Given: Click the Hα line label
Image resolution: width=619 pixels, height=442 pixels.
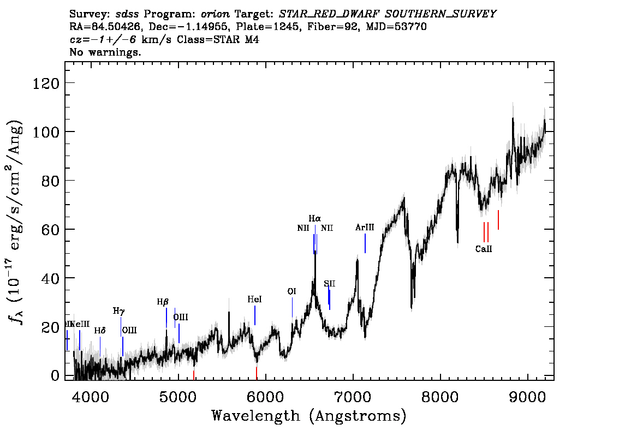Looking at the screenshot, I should coord(314,219).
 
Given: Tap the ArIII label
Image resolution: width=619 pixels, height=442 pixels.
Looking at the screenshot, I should coord(365,227).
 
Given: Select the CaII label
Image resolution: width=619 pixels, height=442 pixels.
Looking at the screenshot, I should coord(484,249).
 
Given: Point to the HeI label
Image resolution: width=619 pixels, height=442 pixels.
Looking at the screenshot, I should coord(254,300).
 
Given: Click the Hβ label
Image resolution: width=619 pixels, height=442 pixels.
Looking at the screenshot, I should coord(163,302).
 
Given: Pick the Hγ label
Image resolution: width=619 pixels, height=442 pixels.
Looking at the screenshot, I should coord(118,311).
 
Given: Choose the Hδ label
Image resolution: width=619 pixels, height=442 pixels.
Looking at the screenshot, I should coord(99,331).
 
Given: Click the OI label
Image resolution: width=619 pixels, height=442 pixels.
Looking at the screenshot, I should coord(291,292).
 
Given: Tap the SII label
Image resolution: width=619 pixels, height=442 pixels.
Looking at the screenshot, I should coord(329,284).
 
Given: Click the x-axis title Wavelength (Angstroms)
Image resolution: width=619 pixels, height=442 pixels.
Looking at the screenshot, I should coord(309,416).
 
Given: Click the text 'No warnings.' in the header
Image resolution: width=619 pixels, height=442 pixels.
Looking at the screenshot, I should coord(105,52).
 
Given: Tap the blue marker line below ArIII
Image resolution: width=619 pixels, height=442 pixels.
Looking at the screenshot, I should coord(365,243).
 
